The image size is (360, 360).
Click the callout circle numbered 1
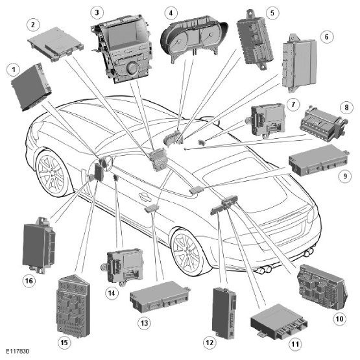point(14,69)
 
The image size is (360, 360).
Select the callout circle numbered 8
point(346,107)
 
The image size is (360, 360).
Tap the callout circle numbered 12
point(210,342)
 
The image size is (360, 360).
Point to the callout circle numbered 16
point(29,281)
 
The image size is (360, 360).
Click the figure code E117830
point(18,352)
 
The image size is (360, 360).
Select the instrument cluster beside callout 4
point(194,38)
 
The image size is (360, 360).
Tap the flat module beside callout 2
point(56,44)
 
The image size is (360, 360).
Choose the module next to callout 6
point(300,63)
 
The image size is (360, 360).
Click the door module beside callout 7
point(267,121)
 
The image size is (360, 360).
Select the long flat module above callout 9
point(319,160)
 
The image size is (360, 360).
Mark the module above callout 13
point(160,296)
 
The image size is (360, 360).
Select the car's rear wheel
point(186,252)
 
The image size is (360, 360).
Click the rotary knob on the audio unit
point(132,69)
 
